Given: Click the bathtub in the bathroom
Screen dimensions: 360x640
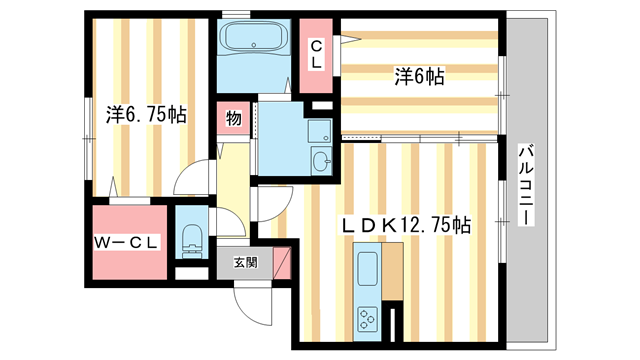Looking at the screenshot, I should coord(251,40).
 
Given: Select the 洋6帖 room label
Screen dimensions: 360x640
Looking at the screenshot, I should coord(419,74).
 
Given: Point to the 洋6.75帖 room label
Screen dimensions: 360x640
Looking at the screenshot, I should coord(146,114).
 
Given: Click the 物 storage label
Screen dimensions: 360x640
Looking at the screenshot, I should coord(233,119).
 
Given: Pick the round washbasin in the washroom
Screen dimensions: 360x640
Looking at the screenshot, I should coord(320,161).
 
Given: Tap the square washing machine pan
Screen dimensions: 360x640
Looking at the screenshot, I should coord(319,131).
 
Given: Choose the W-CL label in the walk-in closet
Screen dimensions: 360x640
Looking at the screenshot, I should coord(129,242).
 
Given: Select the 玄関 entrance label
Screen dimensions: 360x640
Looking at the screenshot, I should coord(244,263).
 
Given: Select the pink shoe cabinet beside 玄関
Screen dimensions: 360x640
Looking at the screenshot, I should coord(283,261).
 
